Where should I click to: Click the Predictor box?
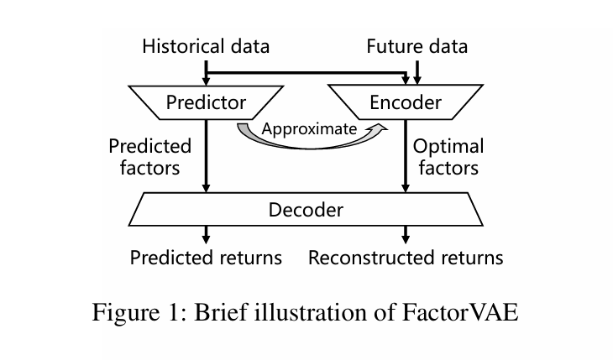[206, 102]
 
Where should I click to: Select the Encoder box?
[406, 102]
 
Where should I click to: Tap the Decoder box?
[306, 209]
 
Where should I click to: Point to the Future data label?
[417, 45]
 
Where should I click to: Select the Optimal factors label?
[448, 156]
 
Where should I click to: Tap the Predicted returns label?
[206, 257]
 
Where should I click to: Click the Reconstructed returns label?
[406, 257]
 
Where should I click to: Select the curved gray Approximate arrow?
[252, 136]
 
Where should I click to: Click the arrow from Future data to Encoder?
[417, 72]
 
